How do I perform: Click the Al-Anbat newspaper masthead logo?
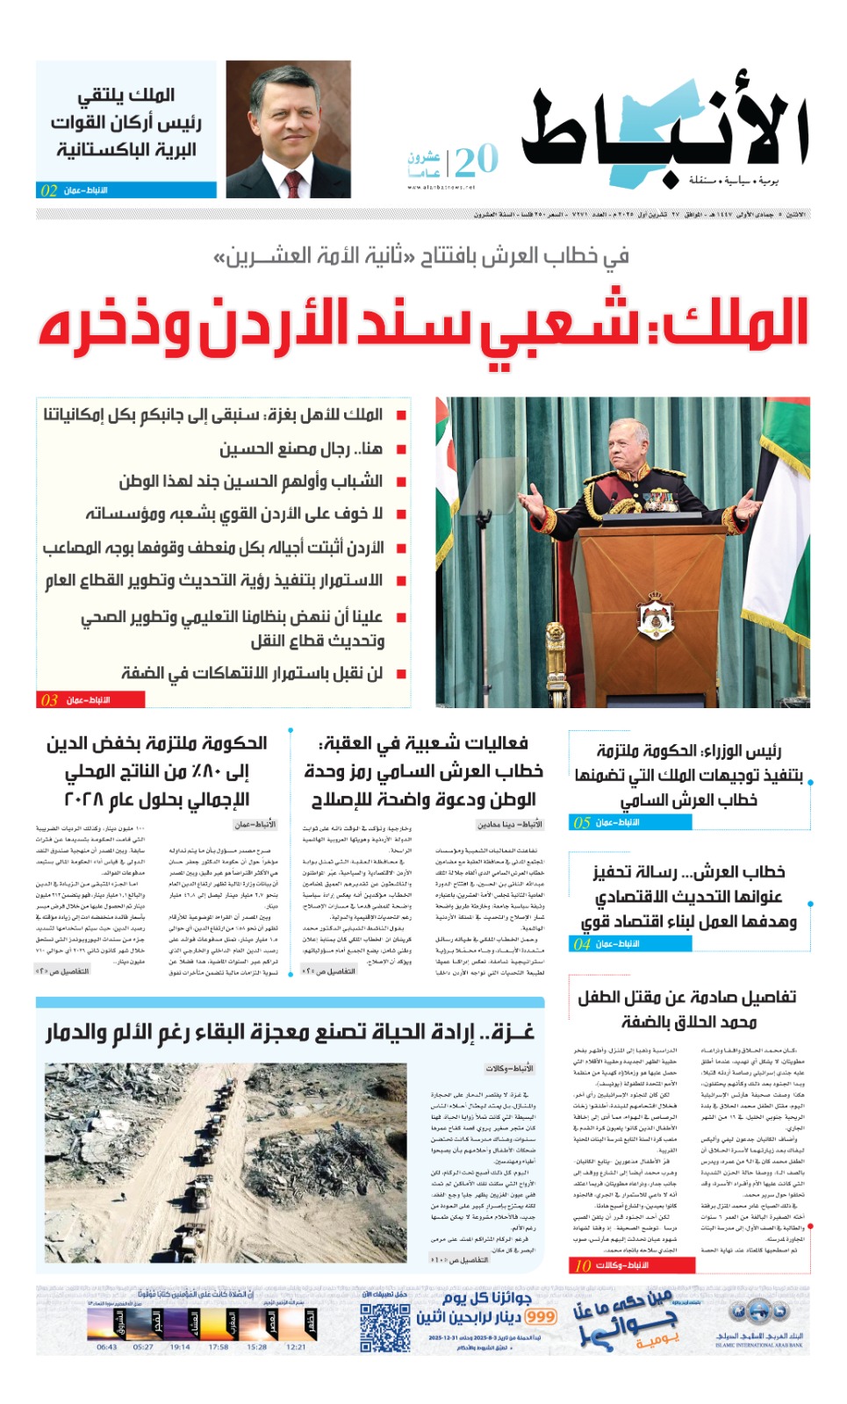coord(664,132)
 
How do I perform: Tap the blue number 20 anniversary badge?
coord(476,161)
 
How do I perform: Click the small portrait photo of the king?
coord(288,129)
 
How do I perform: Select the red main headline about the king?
coord(423,323)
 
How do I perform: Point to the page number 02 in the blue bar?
coord(49,190)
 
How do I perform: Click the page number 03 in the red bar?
coord(49,700)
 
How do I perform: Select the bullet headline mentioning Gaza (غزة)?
coord(213,414)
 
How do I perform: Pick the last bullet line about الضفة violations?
coord(253,673)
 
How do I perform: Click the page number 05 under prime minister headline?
coord(582,823)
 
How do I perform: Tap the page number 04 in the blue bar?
coord(582,944)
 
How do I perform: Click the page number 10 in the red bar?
coord(583,1265)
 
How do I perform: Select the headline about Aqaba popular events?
coord(423,744)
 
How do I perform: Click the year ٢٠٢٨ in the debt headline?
coord(84,799)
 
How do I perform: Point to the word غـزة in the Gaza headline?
coord(512,1031)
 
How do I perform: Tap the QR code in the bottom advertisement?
coord(385,1329)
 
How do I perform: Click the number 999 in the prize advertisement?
coord(541,1317)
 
